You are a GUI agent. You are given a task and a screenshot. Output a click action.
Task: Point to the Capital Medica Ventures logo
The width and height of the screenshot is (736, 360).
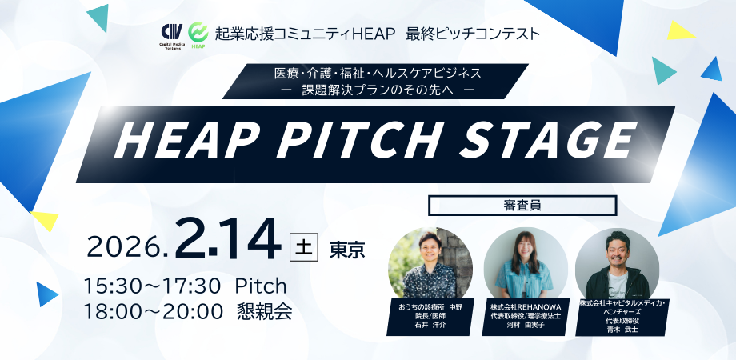point(172,36)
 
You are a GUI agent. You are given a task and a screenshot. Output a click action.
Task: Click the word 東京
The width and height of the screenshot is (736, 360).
point(347,250)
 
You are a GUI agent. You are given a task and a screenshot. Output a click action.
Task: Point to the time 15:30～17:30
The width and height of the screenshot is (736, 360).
point(152,286)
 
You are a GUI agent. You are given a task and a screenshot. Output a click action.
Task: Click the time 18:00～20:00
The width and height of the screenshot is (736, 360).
point(153,310)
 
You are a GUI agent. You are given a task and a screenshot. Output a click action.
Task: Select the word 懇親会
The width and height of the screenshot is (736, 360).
point(265,310)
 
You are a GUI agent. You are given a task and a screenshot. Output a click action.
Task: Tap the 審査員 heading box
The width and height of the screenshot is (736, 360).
point(522,205)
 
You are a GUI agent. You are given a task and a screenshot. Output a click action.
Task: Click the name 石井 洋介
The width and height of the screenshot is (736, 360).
point(430,326)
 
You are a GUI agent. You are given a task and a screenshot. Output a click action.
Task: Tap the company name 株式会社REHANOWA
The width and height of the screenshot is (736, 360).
point(525,307)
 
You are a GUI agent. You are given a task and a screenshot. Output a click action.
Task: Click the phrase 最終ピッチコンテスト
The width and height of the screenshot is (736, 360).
point(474,34)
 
